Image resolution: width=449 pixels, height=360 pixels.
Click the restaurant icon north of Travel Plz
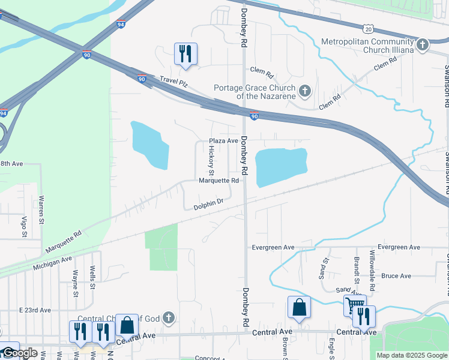click(185, 53)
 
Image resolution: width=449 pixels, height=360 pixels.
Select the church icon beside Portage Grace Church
click(305, 91)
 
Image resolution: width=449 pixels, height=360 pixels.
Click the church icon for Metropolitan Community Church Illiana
click(423, 44)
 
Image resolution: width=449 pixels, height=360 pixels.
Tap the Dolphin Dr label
click(208, 207)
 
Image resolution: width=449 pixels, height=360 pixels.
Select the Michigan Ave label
click(53, 262)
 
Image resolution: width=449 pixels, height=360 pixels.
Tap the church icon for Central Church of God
click(169, 317)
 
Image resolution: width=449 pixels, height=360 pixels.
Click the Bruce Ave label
click(396, 276)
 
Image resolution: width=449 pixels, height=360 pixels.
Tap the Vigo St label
click(25, 227)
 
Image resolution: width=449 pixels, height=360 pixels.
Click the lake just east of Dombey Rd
click(281, 167)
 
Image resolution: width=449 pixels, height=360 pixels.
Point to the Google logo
click(20, 353)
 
